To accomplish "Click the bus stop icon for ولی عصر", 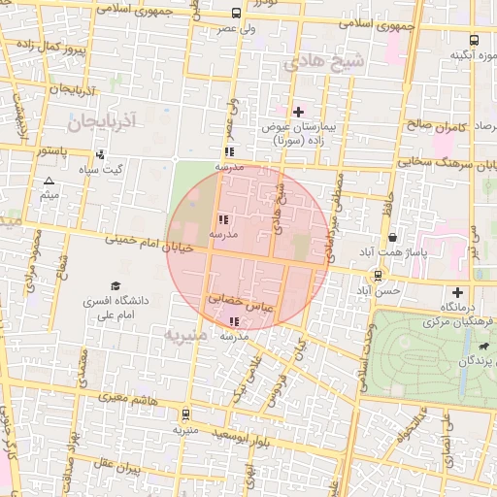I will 237,14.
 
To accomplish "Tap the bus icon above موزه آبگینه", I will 474,41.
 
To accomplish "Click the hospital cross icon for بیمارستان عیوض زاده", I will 298,113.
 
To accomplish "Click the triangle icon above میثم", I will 50,182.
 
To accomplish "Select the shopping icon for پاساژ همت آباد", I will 391,237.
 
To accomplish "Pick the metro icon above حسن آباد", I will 378,276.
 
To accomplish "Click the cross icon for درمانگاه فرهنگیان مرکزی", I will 458,293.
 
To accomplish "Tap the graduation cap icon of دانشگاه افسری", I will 116,286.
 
